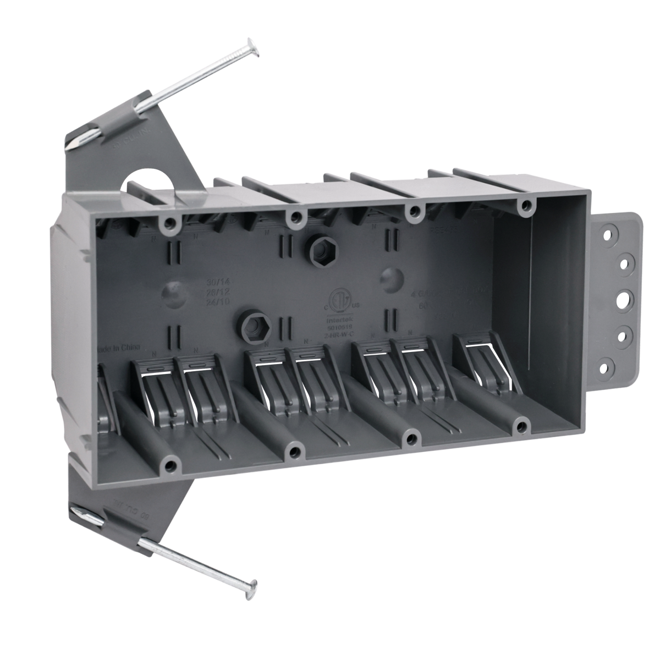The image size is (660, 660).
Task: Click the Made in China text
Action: [118, 348]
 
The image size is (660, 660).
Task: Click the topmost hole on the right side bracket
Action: [607, 234]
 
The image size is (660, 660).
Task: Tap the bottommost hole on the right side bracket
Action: [607, 364]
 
